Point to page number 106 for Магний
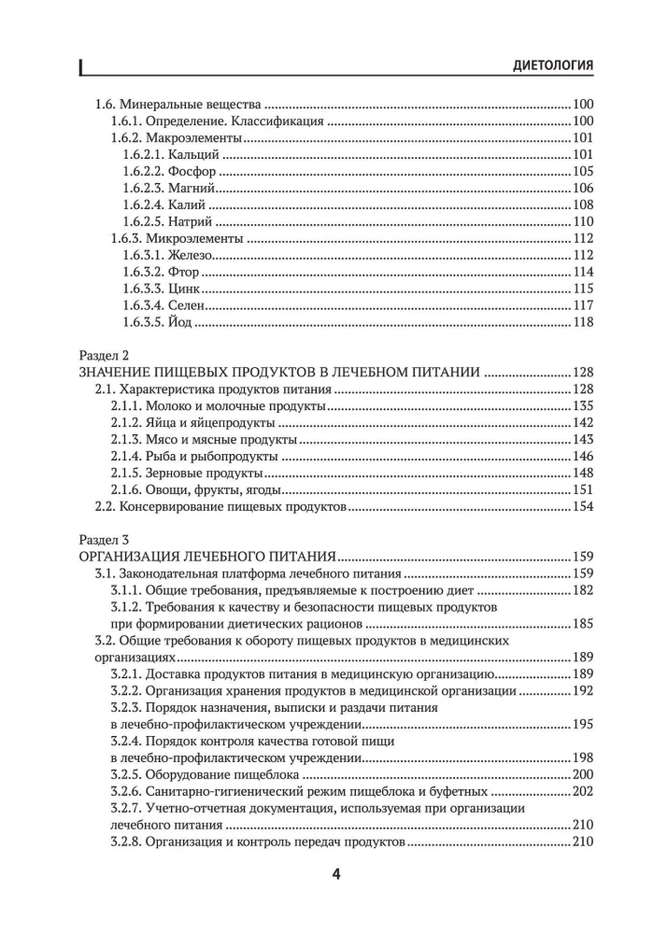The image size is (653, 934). [x=583, y=188]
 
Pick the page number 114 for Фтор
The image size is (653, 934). [x=583, y=272]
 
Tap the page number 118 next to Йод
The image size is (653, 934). [x=583, y=322]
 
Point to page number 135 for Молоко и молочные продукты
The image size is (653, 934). [x=583, y=406]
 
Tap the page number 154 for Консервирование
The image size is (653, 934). [x=583, y=507]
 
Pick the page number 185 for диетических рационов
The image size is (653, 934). [x=583, y=624]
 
